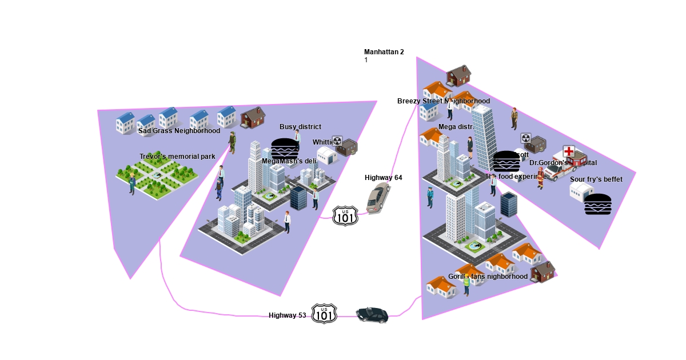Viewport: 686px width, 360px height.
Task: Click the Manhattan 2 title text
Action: click(384, 52)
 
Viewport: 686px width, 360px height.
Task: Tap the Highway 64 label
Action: click(383, 178)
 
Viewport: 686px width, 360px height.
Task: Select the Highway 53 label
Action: click(287, 315)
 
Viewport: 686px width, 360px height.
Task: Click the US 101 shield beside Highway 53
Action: click(324, 314)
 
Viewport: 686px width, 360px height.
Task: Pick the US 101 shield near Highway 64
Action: click(345, 215)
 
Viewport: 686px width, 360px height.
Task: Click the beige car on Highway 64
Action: click(378, 198)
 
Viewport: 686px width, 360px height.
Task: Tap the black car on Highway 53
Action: click(372, 315)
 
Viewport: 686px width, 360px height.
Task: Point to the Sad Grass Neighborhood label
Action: click(179, 131)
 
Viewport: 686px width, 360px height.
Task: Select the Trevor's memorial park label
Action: click(177, 157)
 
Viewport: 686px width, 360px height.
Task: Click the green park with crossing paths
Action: click(157, 177)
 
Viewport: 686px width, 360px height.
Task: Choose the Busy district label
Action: click(300, 127)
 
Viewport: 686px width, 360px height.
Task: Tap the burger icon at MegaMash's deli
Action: click(285, 148)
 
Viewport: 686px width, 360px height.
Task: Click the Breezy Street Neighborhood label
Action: click(443, 101)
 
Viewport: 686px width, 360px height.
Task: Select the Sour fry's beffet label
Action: click(596, 179)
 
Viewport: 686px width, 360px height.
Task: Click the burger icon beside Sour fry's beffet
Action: click(598, 205)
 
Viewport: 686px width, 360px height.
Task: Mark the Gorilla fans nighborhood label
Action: click(488, 277)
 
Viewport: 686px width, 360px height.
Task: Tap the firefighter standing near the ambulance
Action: click(540, 178)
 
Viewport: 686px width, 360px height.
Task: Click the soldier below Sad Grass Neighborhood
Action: click(233, 142)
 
